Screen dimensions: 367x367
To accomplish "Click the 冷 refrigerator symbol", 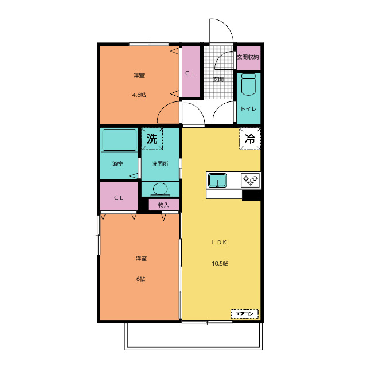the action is [250, 139].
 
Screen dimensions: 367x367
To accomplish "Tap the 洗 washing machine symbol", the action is [152, 139].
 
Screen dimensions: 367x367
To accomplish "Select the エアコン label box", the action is [245, 314].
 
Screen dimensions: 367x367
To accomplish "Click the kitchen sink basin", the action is [217, 180].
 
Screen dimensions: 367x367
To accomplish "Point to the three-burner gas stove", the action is [250, 180].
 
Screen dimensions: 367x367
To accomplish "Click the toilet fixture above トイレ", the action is [248, 84].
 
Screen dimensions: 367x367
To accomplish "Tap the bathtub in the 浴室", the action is [119, 140].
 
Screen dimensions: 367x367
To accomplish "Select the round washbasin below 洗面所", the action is [161, 189].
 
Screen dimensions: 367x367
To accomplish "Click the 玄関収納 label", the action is [248, 57].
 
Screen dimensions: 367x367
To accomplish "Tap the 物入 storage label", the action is [163, 205].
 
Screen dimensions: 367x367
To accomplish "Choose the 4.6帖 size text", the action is [139, 95].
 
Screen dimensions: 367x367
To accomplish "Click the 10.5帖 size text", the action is [220, 264].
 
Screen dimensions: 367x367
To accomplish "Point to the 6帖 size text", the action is [141, 279].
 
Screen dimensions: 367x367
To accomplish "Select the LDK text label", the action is [219, 243].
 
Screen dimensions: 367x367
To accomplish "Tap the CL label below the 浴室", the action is [119, 198].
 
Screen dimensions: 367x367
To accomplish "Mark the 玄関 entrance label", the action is [218, 79].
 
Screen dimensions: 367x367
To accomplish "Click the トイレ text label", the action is [248, 108].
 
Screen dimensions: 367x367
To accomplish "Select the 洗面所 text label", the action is [160, 164].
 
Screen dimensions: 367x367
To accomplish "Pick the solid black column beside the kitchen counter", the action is [251, 195].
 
